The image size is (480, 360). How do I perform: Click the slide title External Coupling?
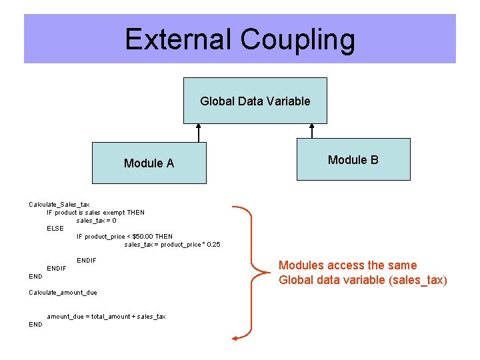pos(240,39)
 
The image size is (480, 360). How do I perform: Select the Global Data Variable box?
pos(255,101)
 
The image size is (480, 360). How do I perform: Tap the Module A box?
pos(149,163)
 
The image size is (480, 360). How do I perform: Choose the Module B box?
pos(353,159)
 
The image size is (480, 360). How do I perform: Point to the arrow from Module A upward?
pos(197,133)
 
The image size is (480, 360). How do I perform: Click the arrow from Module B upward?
pos(311,131)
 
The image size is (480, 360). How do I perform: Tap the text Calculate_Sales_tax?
pos(59,204)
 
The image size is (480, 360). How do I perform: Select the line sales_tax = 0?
pos(97,220)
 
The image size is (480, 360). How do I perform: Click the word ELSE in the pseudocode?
pos(55,228)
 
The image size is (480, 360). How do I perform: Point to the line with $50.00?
pos(125,236)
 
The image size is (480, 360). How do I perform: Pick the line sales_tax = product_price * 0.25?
pos(172,244)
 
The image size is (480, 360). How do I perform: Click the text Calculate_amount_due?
pos(63,292)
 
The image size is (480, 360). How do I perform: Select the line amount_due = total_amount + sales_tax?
pos(106,316)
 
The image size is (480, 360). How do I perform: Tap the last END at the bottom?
pos(35,324)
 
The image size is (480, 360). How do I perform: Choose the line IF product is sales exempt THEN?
pos(95,212)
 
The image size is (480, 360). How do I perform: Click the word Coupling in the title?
pos(298,39)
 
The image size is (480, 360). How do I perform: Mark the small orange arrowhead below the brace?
pos(234,339)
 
